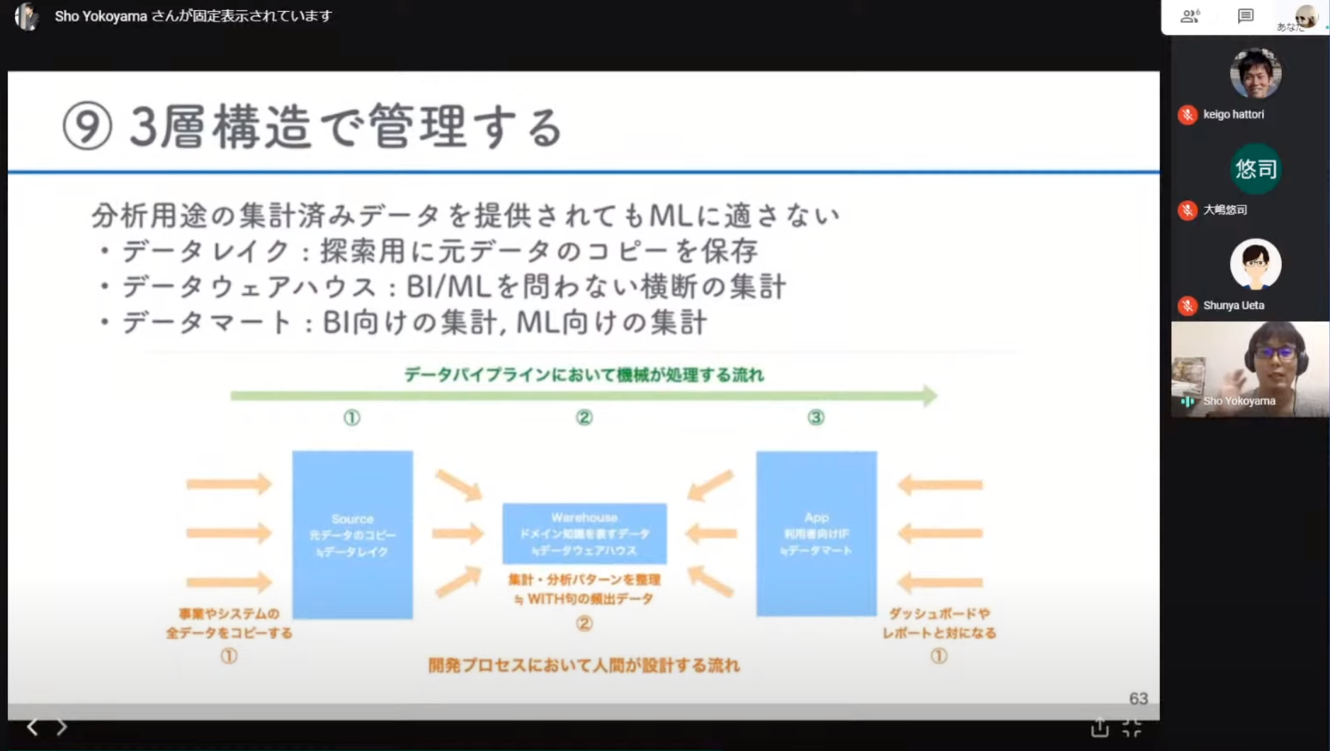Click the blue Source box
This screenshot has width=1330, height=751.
[x=352, y=534]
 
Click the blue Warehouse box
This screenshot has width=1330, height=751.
[x=584, y=533]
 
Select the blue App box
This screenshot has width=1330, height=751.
[x=816, y=533]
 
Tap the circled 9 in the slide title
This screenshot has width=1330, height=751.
[x=87, y=126]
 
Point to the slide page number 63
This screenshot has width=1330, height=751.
[x=1138, y=699]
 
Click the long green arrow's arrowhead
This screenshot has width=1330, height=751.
[x=929, y=395]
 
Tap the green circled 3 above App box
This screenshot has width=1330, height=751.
[x=816, y=417]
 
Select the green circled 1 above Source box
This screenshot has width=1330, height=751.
[x=352, y=417]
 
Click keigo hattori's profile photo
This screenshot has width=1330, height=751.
[x=1255, y=74]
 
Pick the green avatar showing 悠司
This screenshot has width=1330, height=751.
[x=1255, y=169]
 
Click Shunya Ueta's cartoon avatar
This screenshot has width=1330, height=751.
[x=1255, y=264]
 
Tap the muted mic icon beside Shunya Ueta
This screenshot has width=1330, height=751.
[x=1188, y=305]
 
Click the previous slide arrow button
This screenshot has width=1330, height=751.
[x=33, y=726]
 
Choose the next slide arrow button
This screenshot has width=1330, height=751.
[x=62, y=726]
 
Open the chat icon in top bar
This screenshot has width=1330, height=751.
[x=1245, y=16]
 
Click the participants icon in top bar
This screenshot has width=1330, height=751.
[x=1190, y=16]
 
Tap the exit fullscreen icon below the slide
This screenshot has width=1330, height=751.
[x=1132, y=727]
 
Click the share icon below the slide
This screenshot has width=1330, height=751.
[x=1099, y=727]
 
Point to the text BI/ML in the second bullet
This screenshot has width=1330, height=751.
[x=448, y=287]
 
